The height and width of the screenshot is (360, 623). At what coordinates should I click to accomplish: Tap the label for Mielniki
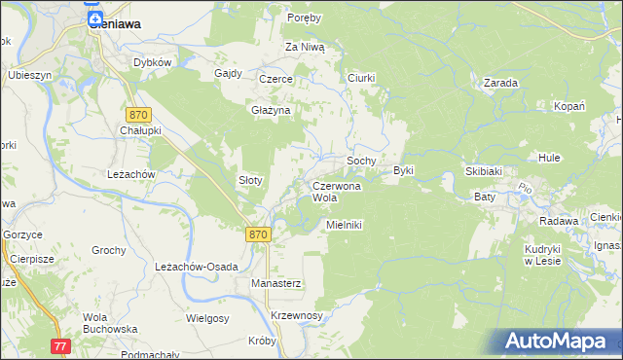click(x=345, y=224)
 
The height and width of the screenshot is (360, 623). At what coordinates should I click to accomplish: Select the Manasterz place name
click(x=275, y=283)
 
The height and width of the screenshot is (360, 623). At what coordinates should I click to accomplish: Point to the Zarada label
click(x=500, y=84)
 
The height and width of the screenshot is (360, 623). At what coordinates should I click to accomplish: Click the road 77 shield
click(x=61, y=345)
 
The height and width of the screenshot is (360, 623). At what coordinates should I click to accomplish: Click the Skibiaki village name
click(x=483, y=171)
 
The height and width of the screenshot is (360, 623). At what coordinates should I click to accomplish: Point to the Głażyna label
click(x=272, y=111)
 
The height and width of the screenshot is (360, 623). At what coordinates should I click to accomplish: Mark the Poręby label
click(x=304, y=18)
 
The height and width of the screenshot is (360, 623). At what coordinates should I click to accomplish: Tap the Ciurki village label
click(x=361, y=77)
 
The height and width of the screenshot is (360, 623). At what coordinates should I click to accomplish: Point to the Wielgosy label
click(x=207, y=318)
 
